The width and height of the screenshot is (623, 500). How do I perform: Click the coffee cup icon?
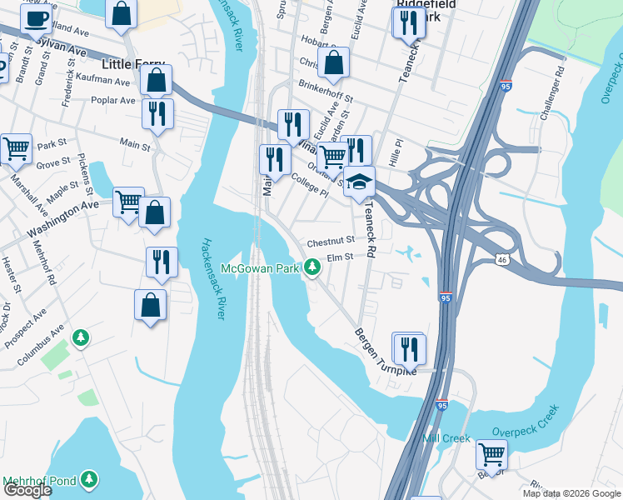[36, 18]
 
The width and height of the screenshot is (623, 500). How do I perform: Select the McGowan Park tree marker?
[312, 267]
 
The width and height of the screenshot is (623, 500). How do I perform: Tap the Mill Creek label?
[446, 438]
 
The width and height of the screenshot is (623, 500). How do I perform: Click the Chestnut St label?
[331, 242]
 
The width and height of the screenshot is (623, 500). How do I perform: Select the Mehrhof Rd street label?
[44, 265]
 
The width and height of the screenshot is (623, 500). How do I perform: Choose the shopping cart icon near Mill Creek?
[491, 454]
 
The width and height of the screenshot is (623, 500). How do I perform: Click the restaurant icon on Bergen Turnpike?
[409, 347]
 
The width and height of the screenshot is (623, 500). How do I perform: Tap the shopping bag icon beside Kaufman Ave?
[156, 80]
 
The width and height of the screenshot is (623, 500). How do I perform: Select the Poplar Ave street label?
[117, 100]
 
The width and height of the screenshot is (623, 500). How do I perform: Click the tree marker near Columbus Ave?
[81, 337]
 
